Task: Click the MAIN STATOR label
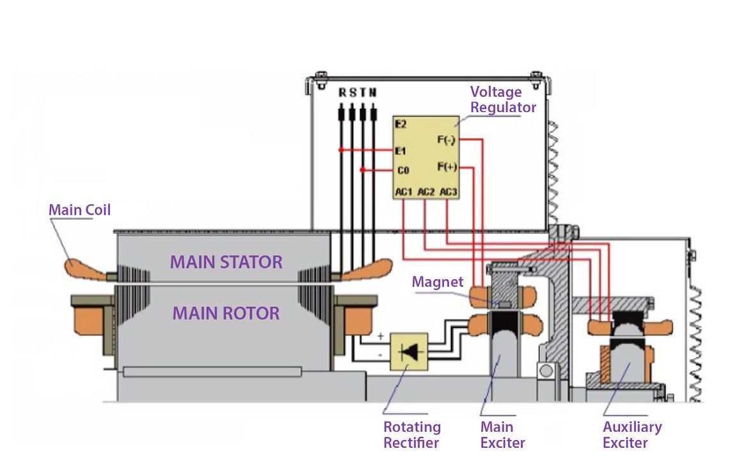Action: tap(226, 261)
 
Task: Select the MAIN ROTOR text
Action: tap(226, 313)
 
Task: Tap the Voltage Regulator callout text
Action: tap(503, 99)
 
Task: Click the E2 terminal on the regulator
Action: tap(401, 124)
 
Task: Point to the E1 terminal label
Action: tap(401, 151)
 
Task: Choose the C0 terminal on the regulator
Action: tap(402, 170)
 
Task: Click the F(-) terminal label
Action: tap(447, 139)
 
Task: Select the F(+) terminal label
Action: tap(447, 167)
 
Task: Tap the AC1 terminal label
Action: tap(404, 192)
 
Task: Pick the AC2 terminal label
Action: tap(426, 192)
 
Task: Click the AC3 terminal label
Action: tap(449, 192)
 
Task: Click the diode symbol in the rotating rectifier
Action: tap(409, 351)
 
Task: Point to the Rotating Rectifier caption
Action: tap(412, 434)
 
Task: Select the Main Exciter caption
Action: tap(502, 434)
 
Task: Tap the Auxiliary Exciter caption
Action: tap(632, 434)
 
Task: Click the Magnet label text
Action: tap(438, 282)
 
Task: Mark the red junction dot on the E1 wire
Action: tap(341, 151)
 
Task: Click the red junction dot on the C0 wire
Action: tap(362, 170)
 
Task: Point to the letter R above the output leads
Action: tap(342, 93)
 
